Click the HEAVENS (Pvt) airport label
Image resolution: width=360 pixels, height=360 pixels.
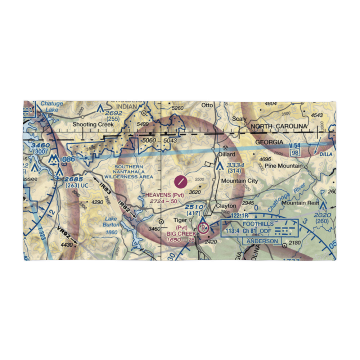pyautogui.click(x=165, y=195)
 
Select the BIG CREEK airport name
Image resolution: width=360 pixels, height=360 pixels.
pyautogui.click(x=181, y=233)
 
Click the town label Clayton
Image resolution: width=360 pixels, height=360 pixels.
pyautogui.click(x=226, y=206)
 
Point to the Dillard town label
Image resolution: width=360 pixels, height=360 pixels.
pyautogui.click(x=227, y=154)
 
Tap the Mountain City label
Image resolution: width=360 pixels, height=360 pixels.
pyautogui.click(x=239, y=181)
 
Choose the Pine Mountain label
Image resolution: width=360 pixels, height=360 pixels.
pyautogui.click(x=283, y=166)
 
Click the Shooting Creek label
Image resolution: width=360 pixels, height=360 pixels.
pyautogui.click(x=93, y=125)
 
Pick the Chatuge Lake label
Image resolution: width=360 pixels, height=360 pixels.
pyautogui.click(x=51, y=107)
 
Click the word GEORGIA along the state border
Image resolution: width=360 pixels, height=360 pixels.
pyautogui.click(x=269, y=142)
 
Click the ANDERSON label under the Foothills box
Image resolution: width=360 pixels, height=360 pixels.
pyautogui.click(x=262, y=241)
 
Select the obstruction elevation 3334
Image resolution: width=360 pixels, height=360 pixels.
pyautogui.click(x=235, y=165)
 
